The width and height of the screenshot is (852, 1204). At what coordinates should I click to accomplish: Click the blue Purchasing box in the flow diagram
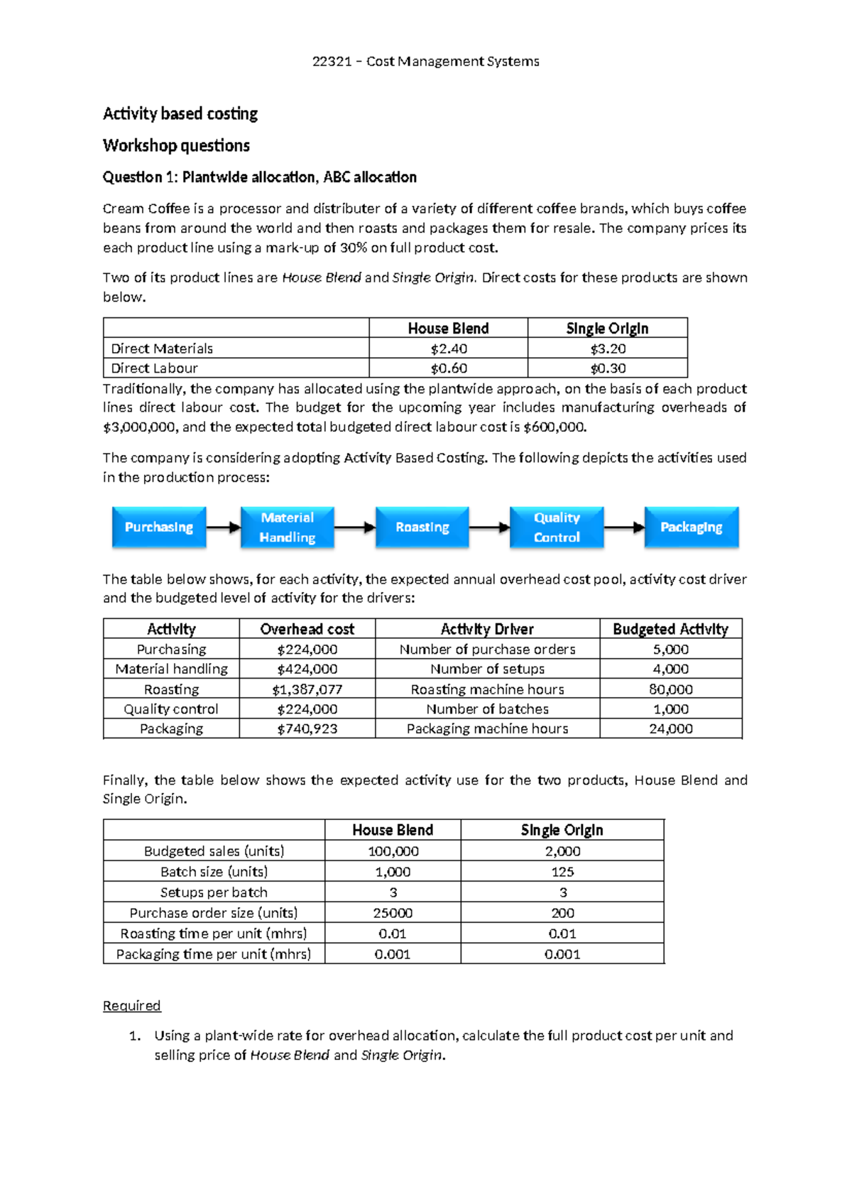coord(159,527)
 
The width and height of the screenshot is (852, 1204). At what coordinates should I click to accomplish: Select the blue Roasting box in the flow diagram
coord(422,527)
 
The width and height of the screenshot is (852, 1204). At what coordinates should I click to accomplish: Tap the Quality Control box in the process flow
coord(557,527)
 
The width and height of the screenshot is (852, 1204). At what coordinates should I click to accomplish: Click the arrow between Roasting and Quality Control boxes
coord(489,527)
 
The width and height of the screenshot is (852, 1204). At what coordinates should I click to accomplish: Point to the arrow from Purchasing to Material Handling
coord(223,527)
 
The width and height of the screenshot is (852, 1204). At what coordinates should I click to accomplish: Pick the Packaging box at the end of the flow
coord(691,527)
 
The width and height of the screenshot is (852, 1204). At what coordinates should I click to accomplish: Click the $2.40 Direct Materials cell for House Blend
coord(449,349)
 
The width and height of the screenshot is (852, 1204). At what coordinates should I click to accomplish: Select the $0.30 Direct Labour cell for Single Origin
coord(608,368)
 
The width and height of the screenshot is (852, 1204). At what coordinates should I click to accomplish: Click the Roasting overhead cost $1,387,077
coord(307,689)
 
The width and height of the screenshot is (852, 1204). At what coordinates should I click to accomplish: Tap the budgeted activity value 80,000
coord(670,689)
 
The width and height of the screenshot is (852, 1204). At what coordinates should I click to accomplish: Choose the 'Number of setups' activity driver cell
coord(487,669)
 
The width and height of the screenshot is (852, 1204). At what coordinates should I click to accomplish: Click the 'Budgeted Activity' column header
coord(670,629)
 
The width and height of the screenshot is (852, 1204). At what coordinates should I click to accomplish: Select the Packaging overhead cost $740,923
coord(307,728)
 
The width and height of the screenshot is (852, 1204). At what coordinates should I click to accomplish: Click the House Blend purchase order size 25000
coord(393,913)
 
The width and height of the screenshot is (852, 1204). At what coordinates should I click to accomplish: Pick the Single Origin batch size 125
coord(562,872)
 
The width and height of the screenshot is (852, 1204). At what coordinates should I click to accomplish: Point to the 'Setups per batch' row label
coord(214,892)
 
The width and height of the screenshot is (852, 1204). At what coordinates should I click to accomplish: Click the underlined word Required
coord(132,1005)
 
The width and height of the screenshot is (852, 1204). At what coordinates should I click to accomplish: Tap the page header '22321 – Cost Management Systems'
coord(426,61)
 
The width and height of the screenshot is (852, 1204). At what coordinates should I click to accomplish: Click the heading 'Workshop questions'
coord(176,146)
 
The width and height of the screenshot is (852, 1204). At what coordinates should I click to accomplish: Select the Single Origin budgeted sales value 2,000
coord(562,851)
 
